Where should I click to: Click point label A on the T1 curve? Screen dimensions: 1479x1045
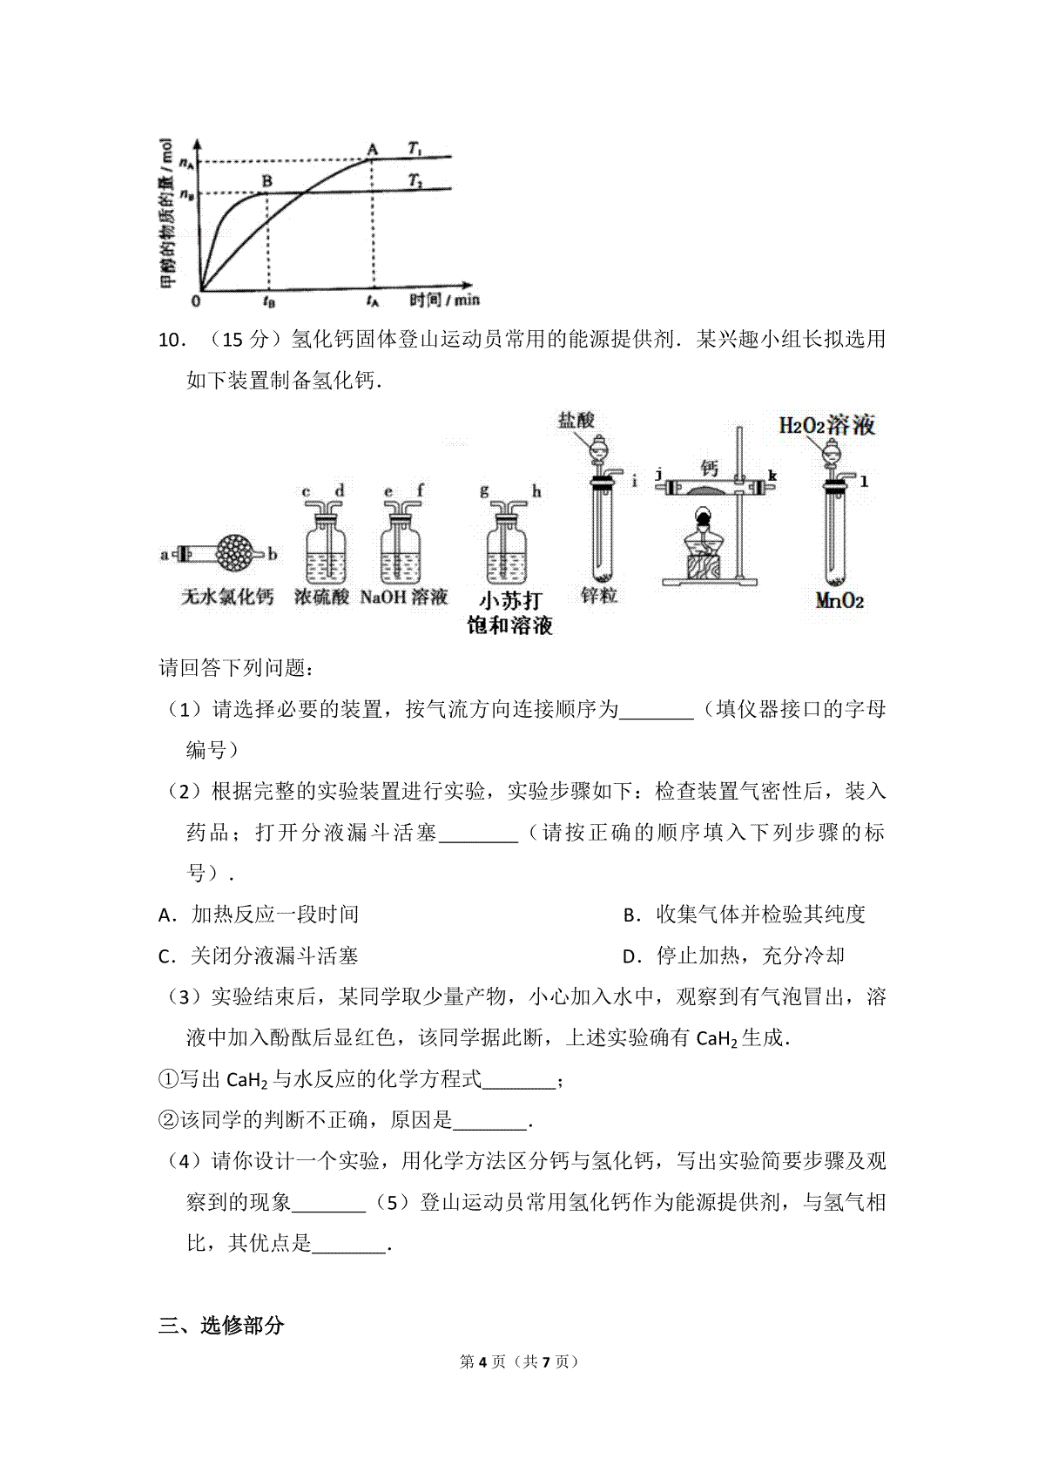click(373, 148)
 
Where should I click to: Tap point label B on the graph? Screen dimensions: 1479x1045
click(268, 181)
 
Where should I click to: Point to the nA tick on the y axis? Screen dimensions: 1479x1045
click(185, 161)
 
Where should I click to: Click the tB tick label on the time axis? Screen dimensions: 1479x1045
click(269, 301)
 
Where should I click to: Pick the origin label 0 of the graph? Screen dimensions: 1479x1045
click(196, 301)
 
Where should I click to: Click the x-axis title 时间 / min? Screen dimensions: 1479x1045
click(444, 300)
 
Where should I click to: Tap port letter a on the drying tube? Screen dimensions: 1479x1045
click(165, 553)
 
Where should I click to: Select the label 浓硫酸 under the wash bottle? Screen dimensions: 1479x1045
click(321, 597)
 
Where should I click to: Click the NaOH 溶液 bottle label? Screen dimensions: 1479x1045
click(403, 597)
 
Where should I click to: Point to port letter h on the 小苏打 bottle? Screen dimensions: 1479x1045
click(536, 492)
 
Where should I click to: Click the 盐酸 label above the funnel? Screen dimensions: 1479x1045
click(576, 421)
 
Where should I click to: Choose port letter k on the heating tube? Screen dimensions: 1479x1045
click(772, 476)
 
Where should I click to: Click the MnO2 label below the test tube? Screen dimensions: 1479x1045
click(839, 600)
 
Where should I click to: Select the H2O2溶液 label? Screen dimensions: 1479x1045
click(826, 425)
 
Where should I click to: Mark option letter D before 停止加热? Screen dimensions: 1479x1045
click(631, 956)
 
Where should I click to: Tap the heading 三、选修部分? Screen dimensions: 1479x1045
click(221, 1326)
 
